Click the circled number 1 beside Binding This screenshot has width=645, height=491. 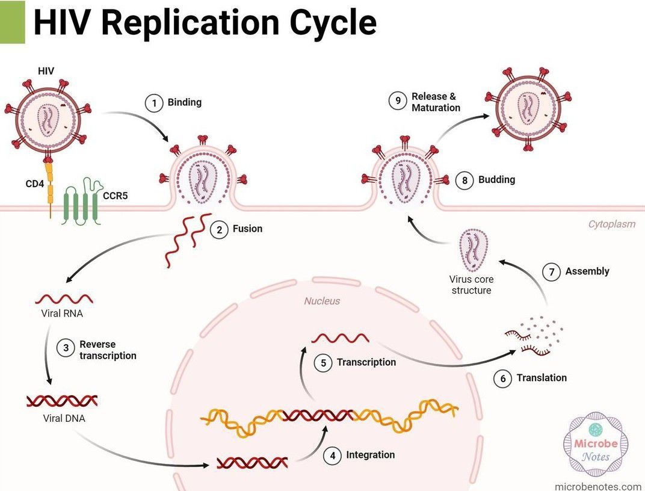[x=154, y=103]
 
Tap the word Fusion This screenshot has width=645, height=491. [x=247, y=229]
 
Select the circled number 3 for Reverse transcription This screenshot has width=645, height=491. [x=66, y=348]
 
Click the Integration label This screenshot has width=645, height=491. [x=370, y=455]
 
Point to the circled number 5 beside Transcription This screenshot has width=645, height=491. [x=323, y=363]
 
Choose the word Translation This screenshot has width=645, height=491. [x=542, y=378]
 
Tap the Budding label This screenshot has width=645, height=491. [x=496, y=180]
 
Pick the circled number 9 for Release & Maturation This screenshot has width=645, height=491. [x=397, y=102]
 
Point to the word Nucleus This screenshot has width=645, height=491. [x=321, y=301]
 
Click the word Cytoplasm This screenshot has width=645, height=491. [x=611, y=224]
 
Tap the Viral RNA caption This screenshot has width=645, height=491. [x=58, y=313]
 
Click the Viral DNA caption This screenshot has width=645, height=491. [x=64, y=418]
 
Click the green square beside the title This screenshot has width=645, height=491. [x=12, y=22]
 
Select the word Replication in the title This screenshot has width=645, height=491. [x=187, y=23]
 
